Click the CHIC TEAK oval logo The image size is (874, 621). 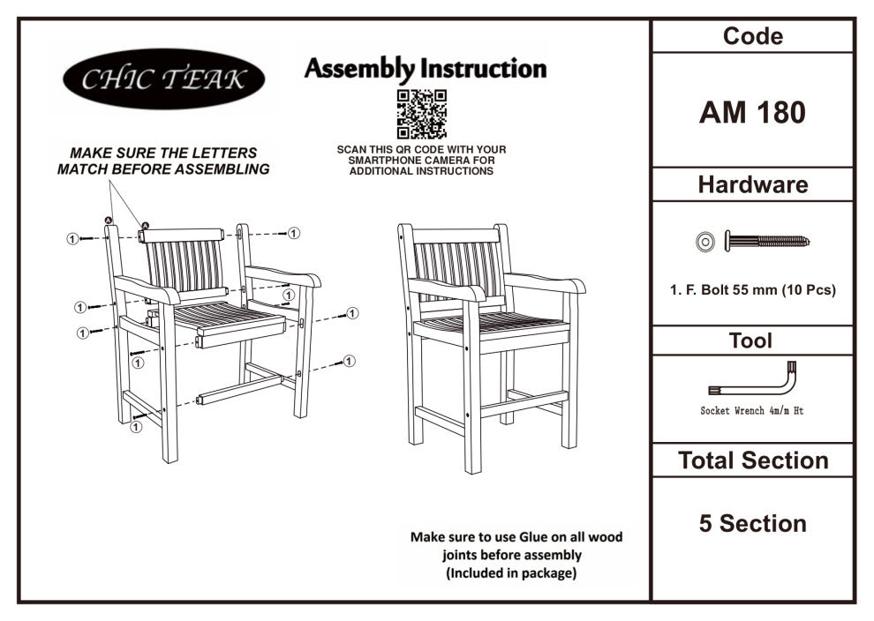[164, 79]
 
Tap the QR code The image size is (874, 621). [421, 114]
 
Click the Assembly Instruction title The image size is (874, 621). [426, 69]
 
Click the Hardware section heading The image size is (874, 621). [752, 185]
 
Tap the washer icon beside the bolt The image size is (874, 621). [704, 240]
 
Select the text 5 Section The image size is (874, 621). [752, 523]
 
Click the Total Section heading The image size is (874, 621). [752, 460]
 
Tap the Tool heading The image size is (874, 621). [751, 340]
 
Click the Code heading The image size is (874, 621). [752, 37]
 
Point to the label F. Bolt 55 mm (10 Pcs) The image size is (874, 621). [752, 289]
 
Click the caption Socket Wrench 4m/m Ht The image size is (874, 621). [752, 411]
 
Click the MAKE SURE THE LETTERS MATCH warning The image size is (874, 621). [163, 161]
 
